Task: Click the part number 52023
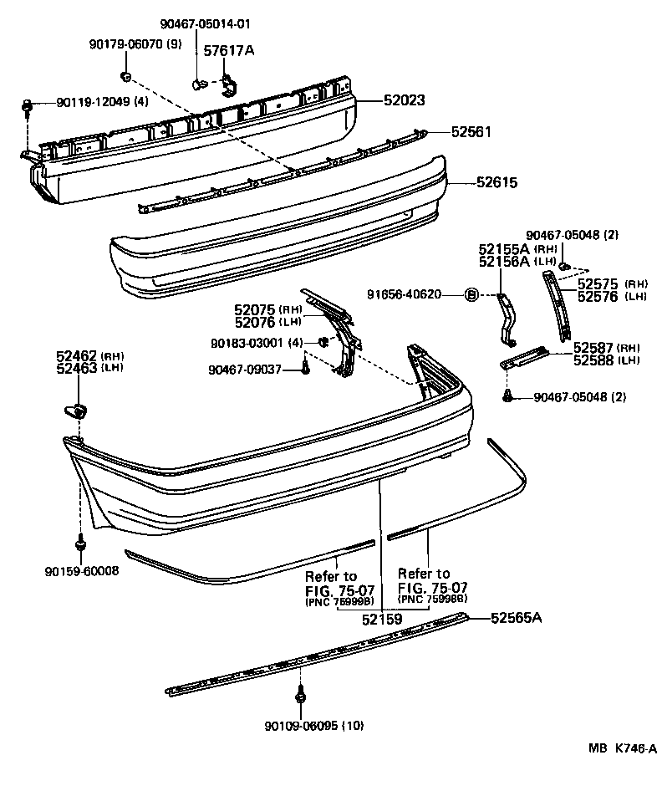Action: tap(405, 100)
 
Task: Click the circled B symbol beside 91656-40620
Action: tap(471, 293)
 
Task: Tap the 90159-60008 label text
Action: tap(82, 571)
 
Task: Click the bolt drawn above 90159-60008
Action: tap(81, 543)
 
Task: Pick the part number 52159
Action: tap(383, 620)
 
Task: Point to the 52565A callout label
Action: tap(517, 618)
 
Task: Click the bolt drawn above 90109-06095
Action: tap(299, 693)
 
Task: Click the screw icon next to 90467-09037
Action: tap(305, 368)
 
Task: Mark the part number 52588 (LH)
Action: tap(593, 360)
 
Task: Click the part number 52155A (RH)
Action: tap(506, 249)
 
